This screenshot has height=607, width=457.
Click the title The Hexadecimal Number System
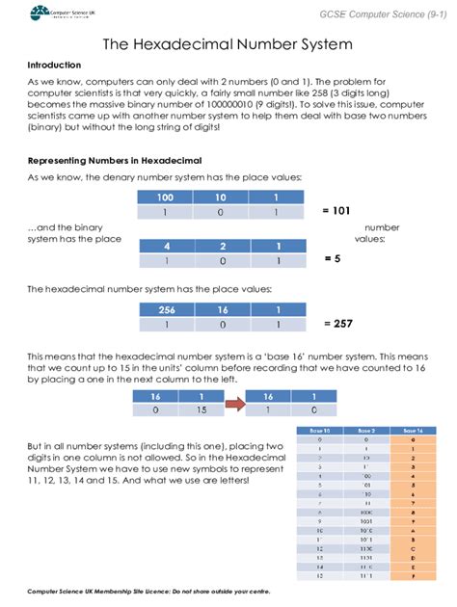(228, 45)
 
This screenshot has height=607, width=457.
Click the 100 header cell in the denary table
(165, 197)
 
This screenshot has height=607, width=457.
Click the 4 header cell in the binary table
(167, 245)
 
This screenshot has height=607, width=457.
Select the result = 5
(333, 259)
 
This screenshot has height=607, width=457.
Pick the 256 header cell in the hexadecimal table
(165, 309)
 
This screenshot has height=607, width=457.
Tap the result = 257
(338, 324)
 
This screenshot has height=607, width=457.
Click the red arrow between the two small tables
(233, 404)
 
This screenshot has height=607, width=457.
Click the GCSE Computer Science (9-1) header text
(384, 12)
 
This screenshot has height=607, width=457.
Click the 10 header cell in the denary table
(221, 197)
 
